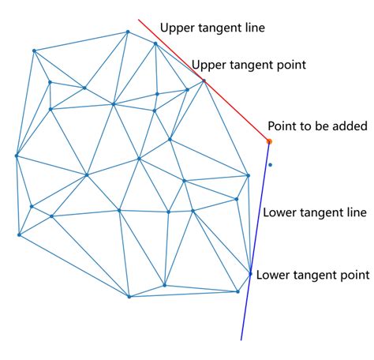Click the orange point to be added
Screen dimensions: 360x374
[269, 141]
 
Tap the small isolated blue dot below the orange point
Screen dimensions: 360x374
[270, 165]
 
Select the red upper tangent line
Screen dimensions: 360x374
[237, 111]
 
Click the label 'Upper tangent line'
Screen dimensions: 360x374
[212, 28]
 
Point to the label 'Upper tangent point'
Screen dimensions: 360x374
[249, 65]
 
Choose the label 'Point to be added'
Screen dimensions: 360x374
[316, 126]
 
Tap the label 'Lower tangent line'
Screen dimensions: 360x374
[314, 212]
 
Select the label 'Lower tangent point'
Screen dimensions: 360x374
[313, 275]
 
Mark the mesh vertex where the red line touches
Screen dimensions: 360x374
[204, 81]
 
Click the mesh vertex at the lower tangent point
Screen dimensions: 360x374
[251, 274]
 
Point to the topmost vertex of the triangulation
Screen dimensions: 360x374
[128, 32]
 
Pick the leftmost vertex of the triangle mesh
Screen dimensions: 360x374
[16, 156]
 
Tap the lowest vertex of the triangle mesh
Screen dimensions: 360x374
[129, 297]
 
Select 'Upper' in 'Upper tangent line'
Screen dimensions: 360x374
[178, 28]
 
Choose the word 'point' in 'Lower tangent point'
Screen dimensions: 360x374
[353, 275]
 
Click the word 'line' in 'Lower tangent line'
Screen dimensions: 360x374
[354, 212]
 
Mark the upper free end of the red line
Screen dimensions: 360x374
[139, 20]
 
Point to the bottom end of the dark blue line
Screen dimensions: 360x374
[241, 339]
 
